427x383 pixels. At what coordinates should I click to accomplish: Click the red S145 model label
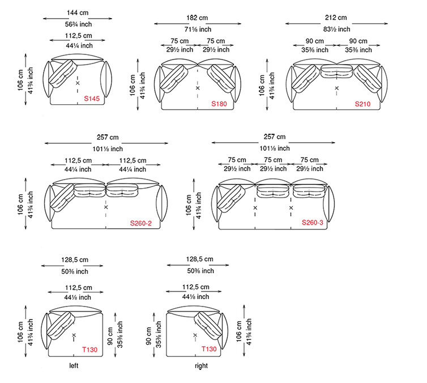pos(92,99)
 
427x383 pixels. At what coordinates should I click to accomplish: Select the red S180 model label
pos(219,104)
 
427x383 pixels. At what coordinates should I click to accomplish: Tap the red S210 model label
pos(363,104)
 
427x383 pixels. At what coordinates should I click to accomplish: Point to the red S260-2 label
pos(141,223)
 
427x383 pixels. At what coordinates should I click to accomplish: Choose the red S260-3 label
pos(313,223)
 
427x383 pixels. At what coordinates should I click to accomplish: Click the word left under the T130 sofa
pos(74,365)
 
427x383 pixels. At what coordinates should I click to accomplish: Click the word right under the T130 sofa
pos(201,365)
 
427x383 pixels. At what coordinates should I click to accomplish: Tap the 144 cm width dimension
pos(78,12)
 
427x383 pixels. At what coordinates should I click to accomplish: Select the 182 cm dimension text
pos(197,18)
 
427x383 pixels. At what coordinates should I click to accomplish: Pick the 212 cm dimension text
pos(336,18)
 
